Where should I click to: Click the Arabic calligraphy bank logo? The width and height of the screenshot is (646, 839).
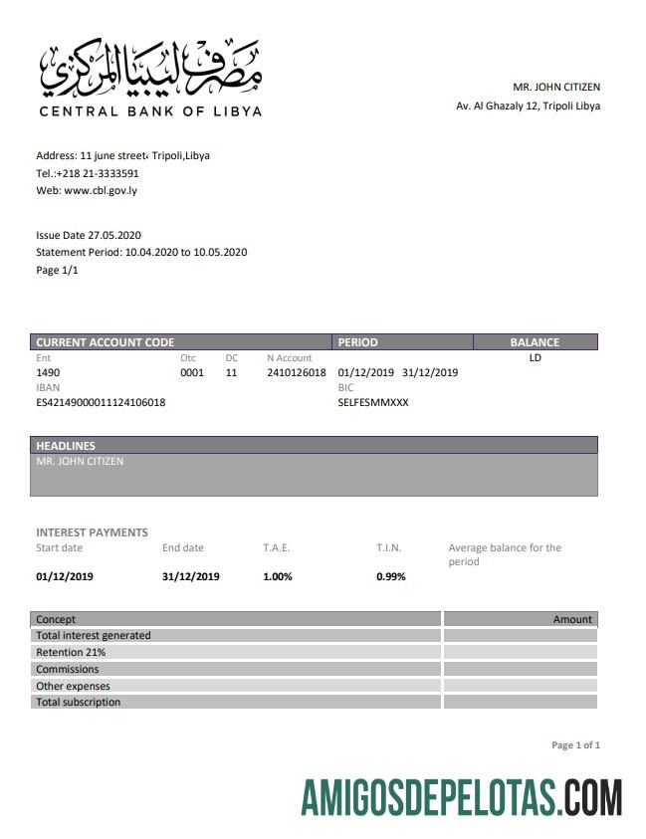coord(150,68)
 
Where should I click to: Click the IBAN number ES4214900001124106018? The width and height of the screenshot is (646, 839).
coord(101,402)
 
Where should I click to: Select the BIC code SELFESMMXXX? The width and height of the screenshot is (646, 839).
coord(373,402)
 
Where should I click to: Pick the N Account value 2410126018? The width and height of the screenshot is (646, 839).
coord(297,372)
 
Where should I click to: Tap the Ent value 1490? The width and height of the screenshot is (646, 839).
coord(49,372)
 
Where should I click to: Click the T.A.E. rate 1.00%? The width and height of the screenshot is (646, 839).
coord(278,576)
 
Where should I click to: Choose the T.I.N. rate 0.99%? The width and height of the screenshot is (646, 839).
coord(391,576)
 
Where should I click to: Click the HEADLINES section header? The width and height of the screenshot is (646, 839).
coord(66,446)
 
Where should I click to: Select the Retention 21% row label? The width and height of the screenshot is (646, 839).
coord(71,652)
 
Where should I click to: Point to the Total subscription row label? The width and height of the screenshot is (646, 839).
coord(78,702)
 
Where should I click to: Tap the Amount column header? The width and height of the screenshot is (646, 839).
coord(572,619)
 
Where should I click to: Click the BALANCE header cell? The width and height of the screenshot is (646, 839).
coord(535,342)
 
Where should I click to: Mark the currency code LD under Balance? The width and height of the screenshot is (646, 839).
coord(535,358)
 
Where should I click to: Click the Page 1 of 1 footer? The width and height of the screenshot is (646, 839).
coord(575,744)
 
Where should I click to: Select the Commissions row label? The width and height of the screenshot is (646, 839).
coord(67,669)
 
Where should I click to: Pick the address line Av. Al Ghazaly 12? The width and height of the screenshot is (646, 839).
coord(528,105)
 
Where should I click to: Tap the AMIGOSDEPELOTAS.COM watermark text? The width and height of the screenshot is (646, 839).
coord(462,798)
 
